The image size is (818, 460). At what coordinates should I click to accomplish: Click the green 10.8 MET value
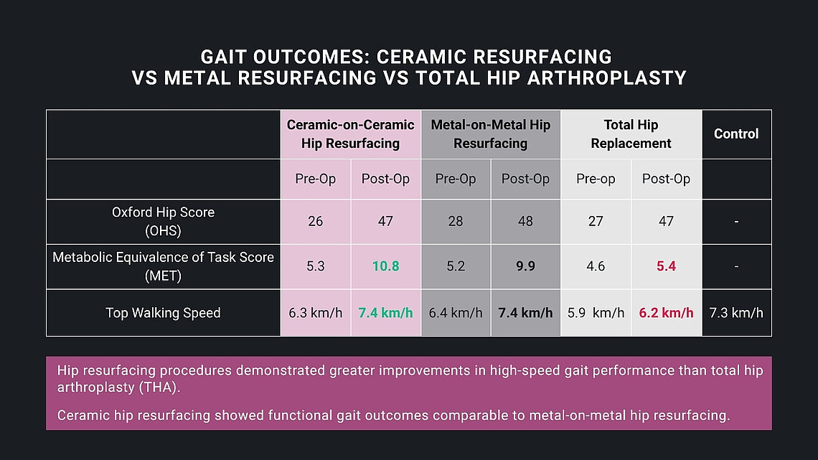385,266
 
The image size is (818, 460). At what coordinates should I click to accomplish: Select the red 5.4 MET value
666,266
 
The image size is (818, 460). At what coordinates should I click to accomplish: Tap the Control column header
736,134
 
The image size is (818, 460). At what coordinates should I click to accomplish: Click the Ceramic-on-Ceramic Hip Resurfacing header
350,134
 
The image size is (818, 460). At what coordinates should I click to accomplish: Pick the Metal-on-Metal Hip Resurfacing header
490,134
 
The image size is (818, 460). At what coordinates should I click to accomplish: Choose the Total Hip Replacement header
631,134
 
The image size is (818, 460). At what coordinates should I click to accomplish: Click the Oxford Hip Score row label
163,221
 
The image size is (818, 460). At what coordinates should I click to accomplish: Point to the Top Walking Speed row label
163,313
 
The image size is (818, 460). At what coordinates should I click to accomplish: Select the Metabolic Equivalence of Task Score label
163,266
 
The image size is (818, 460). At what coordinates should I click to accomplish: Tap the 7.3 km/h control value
736,313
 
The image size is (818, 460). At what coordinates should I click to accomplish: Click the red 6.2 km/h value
666,313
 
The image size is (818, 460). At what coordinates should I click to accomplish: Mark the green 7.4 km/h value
385,313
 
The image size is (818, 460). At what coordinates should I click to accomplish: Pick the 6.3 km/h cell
315,313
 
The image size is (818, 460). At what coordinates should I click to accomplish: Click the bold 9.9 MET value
525,266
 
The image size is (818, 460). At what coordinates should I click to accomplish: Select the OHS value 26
315,221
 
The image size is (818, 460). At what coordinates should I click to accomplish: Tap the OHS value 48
525,221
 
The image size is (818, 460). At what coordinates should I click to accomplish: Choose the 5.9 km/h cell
596,313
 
